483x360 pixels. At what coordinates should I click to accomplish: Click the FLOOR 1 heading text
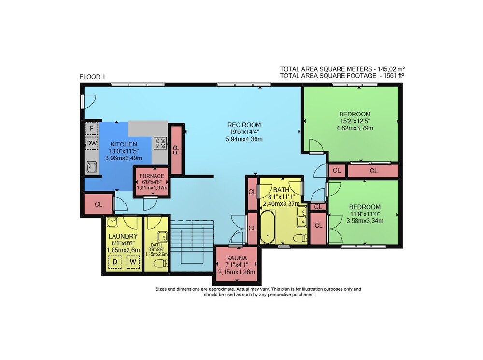[x=92, y=77]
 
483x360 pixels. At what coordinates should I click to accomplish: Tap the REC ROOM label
[x=244, y=125]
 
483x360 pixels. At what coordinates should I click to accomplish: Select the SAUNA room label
[x=237, y=259]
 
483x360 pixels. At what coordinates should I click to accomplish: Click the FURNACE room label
[x=152, y=176]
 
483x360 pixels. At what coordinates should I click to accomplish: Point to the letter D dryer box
[x=115, y=262]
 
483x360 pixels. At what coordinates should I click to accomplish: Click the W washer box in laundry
[x=133, y=262]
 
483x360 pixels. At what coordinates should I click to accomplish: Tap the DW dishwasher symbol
[x=91, y=144]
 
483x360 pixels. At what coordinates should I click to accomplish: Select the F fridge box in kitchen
[x=91, y=129]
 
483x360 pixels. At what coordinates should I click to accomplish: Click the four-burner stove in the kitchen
[x=160, y=144]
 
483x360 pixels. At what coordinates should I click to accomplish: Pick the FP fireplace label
[x=176, y=150]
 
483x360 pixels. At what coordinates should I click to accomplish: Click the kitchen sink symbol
[x=91, y=167]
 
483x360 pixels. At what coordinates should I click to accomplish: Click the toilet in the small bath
[x=161, y=263]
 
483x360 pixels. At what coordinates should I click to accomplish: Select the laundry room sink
[x=113, y=222]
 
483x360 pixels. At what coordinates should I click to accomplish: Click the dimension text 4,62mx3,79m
[x=355, y=128]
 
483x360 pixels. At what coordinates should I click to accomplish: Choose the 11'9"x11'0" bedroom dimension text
[x=365, y=214]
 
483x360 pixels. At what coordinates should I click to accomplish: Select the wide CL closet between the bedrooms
[x=373, y=171]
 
